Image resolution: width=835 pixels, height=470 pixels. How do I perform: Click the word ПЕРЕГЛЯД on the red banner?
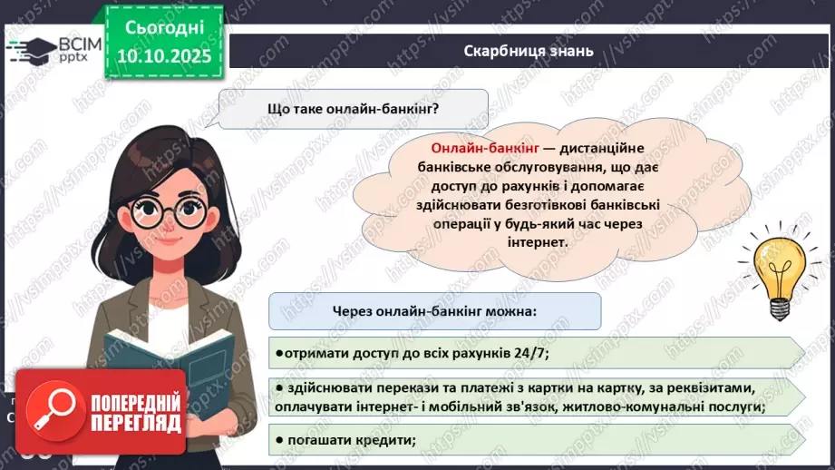point(135,423)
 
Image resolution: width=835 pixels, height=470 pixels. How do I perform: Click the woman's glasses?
point(177,211)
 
